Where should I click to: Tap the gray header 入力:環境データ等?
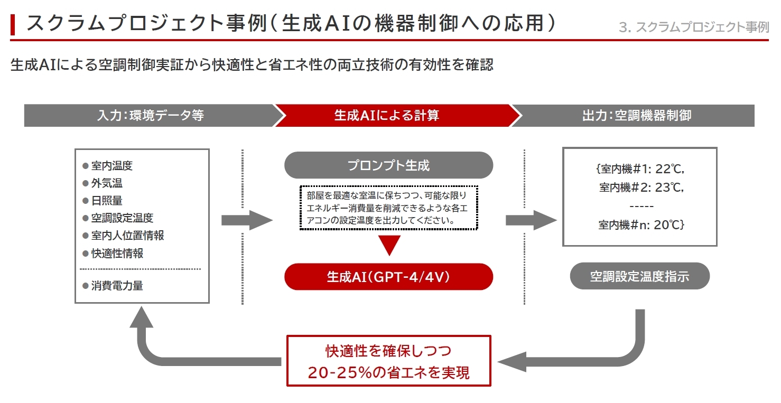click(150, 116)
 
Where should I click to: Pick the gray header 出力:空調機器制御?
click(636, 116)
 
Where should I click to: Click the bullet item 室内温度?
click(111, 166)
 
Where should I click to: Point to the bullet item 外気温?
click(107, 183)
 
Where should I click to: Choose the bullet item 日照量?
click(107, 201)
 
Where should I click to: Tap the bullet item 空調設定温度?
click(122, 218)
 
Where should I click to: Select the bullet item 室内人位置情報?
click(127, 236)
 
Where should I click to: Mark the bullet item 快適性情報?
click(117, 254)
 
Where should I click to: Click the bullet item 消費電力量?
click(117, 286)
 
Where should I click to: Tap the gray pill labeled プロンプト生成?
click(388, 165)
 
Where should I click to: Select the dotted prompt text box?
click(388, 208)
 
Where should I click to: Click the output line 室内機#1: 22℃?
click(639, 170)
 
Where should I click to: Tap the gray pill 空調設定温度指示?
click(639, 276)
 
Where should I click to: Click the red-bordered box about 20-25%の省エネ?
click(388, 360)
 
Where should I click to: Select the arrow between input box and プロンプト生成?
click(246, 220)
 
